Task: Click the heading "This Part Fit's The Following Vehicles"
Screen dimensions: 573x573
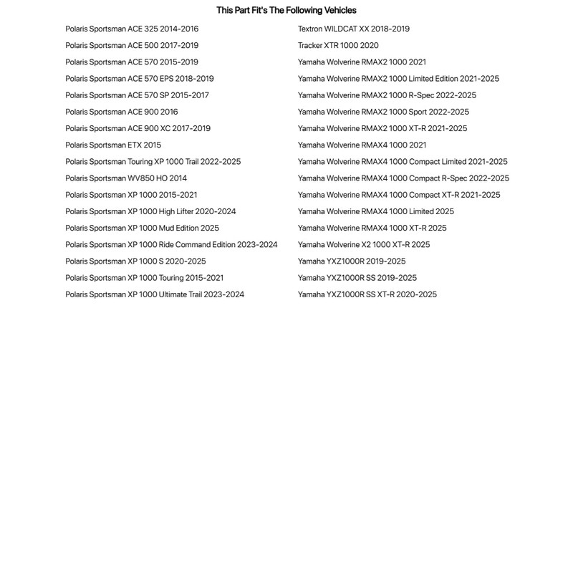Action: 286,11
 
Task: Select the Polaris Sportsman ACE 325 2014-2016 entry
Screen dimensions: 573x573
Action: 132,29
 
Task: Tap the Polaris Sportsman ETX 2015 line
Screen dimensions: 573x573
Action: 113,145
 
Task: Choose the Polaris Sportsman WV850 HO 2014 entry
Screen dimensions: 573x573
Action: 126,178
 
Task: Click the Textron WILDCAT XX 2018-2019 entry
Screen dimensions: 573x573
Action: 354,29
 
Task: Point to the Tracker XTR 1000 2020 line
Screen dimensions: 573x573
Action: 338,46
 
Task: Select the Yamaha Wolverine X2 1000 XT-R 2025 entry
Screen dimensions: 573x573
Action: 364,245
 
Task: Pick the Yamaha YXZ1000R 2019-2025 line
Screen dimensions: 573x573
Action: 352,261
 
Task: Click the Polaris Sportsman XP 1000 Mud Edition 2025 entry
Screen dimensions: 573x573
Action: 142,228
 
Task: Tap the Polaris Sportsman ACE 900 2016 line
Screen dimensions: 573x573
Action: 122,112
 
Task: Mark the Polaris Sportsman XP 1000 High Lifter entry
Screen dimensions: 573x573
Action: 150,212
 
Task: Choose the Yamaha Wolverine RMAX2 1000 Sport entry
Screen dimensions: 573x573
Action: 383,112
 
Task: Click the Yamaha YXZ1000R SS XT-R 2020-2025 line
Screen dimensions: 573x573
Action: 367,294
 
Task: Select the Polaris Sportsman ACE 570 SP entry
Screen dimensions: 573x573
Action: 137,95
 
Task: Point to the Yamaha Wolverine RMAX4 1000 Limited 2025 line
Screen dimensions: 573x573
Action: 375,212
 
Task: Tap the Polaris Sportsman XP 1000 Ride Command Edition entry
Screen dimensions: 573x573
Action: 171,245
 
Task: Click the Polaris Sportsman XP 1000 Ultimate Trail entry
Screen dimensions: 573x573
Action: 155,294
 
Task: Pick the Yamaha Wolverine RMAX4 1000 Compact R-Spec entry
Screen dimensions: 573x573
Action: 403,178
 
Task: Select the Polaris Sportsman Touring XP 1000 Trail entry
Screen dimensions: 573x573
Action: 153,162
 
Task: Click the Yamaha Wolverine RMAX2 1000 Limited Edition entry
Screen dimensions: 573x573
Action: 398,79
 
